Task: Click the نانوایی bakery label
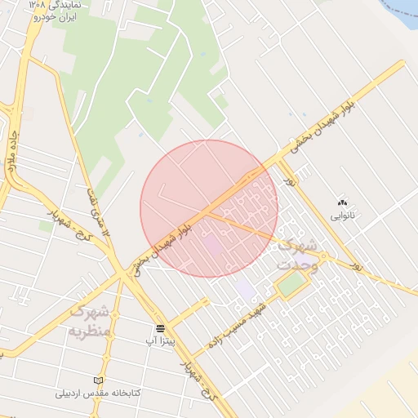tap(343, 216)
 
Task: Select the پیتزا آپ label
tap(162, 339)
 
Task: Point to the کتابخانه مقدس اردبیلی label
tap(99, 393)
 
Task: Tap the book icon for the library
tap(99, 380)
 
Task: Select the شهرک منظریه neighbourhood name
tap(90, 321)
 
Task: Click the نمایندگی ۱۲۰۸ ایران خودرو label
tap(58, 10)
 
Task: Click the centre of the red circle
tap(209, 208)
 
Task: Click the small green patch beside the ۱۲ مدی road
tap(46, 225)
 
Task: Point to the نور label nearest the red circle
tap(289, 182)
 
